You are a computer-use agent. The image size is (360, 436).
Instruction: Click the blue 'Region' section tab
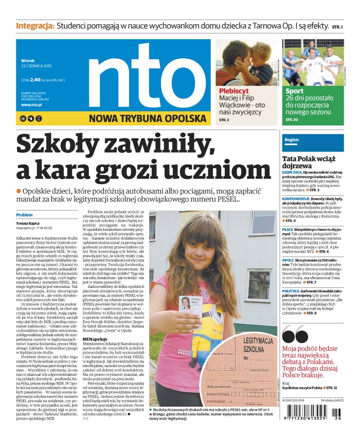click(292, 139)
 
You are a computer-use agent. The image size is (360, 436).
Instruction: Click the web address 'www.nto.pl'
click(31, 105)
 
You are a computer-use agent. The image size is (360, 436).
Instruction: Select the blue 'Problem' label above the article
click(24, 215)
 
